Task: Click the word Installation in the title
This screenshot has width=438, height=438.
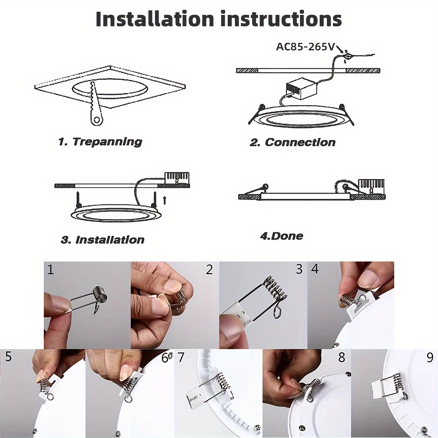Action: pyautogui.click(x=155, y=19)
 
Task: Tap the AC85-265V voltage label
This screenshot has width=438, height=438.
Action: pyautogui.click(x=305, y=47)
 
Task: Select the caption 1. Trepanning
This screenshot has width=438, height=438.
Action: pyautogui.click(x=100, y=142)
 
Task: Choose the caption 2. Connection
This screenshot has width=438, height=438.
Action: pyautogui.click(x=293, y=142)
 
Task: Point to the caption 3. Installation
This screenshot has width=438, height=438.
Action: pyautogui.click(x=102, y=240)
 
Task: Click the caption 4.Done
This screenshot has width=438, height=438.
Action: pyautogui.click(x=282, y=236)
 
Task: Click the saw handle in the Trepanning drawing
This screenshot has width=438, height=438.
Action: pyautogui.click(x=97, y=119)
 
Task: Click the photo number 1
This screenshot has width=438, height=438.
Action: pyautogui.click(x=50, y=269)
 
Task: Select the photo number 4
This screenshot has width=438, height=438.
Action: pyautogui.click(x=315, y=269)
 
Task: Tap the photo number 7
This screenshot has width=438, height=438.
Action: pyautogui.click(x=181, y=357)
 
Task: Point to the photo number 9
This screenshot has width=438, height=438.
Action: pyautogui.click(x=430, y=358)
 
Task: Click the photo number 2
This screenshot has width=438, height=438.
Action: pyautogui.click(x=209, y=269)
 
